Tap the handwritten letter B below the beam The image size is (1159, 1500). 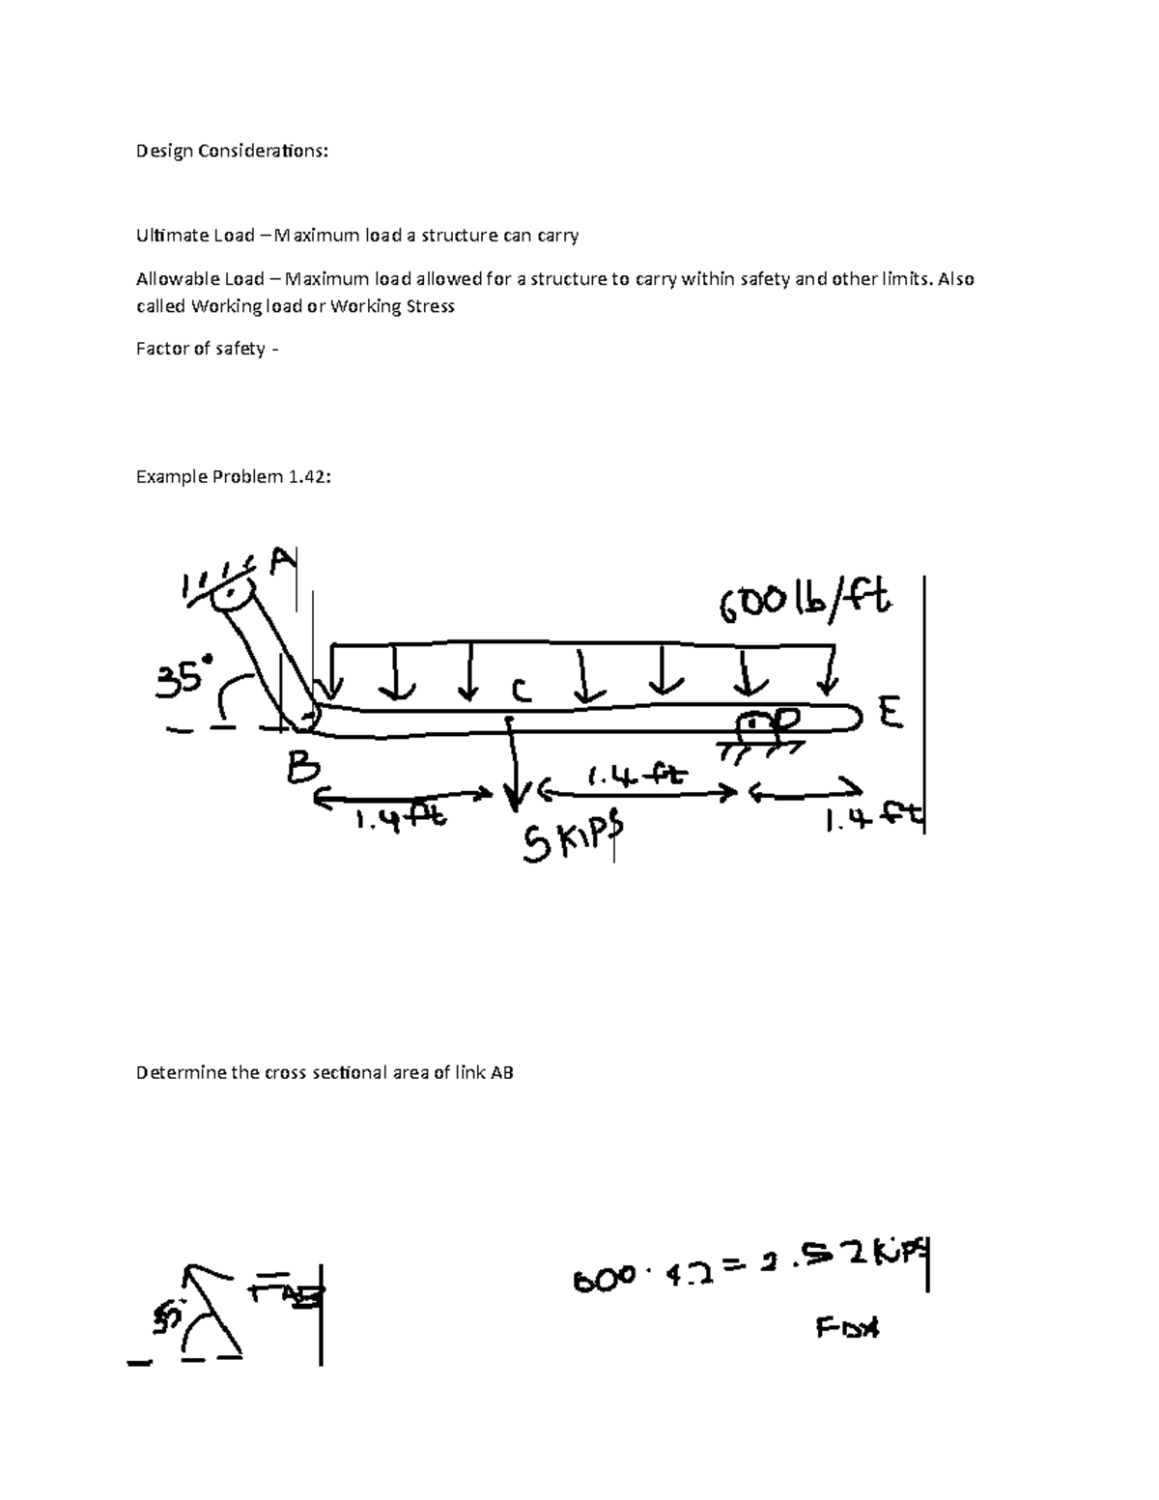[x=302, y=770]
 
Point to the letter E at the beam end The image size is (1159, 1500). [x=890, y=715]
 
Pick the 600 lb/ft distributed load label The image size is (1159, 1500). [x=804, y=607]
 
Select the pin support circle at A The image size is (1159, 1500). [x=227, y=593]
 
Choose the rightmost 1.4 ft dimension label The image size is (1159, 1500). [x=874, y=821]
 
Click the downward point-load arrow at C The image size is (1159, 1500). [x=514, y=763]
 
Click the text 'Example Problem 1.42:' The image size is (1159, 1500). [x=234, y=476]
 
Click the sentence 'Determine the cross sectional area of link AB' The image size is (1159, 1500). [x=325, y=1072]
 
